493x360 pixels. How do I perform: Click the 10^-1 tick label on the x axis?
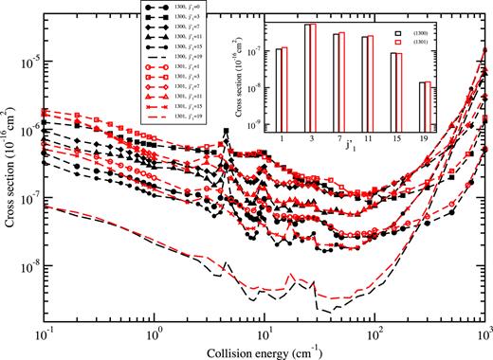42,335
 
